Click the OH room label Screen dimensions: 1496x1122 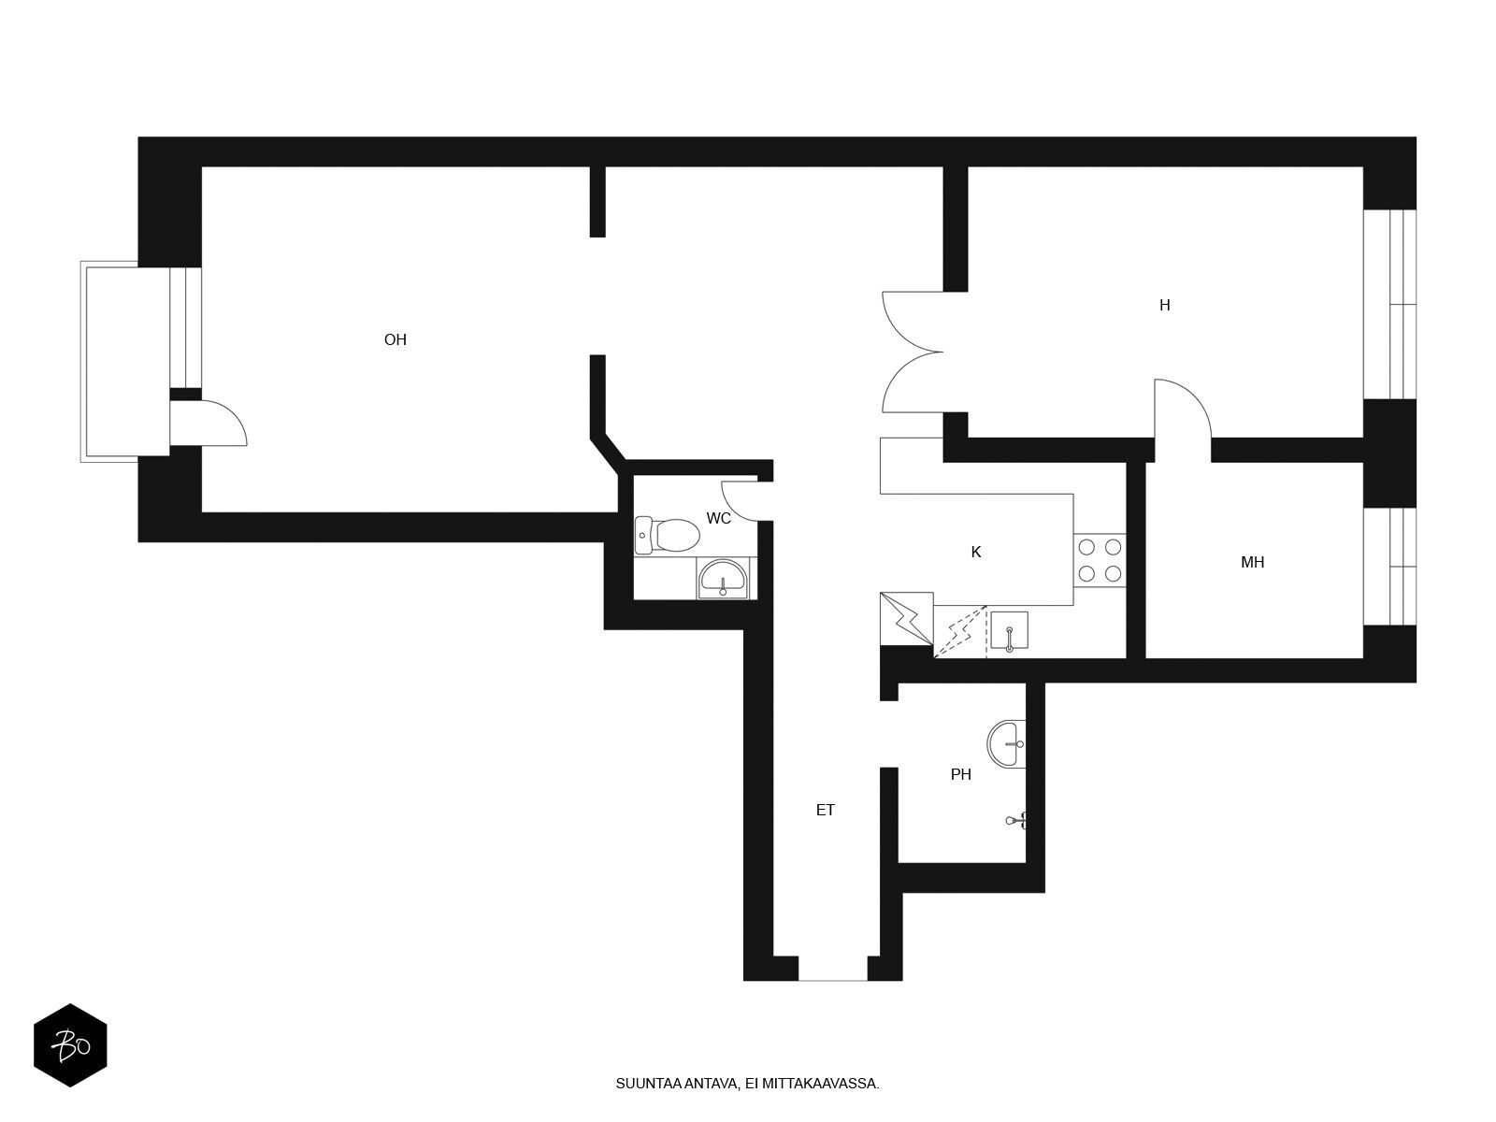coord(395,339)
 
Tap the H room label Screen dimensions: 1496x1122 coord(1164,305)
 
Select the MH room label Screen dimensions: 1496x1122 coord(1252,562)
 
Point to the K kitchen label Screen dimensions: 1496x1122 coord(975,552)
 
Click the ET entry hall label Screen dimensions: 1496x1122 coord(825,810)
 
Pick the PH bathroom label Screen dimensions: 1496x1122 coord(960,774)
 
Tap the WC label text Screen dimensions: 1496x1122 coord(718,518)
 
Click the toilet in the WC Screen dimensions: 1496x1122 coord(668,536)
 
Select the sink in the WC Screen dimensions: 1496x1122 coord(723,579)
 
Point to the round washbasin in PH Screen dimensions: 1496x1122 coord(1006,744)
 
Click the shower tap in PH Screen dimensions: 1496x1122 coord(1016,821)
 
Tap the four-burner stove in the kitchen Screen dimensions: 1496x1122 coord(1100,560)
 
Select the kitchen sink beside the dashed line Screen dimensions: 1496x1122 coord(1009,631)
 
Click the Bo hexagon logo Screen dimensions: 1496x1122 coord(70,1045)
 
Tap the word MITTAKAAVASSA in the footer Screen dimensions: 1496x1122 coord(821,1083)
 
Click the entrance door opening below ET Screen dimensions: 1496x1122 coord(832,968)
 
